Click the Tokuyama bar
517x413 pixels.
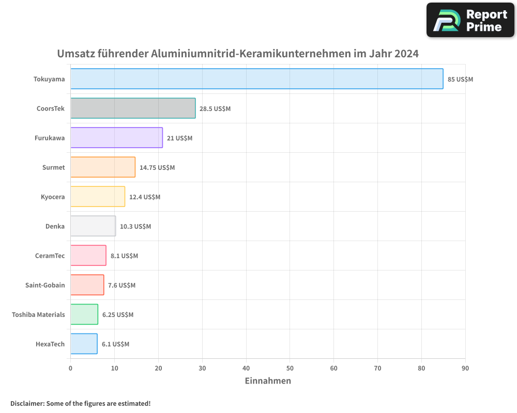(x=256, y=79)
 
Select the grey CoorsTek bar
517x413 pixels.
(x=133, y=108)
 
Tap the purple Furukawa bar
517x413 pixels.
(x=116, y=138)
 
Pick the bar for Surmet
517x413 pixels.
(x=103, y=167)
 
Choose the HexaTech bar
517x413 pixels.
(x=84, y=344)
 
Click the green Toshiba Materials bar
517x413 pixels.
(x=84, y=314)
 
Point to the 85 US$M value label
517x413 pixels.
(x=460, y=80)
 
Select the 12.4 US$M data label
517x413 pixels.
(x=145, y=197)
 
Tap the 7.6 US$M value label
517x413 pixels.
(x=121, y=285)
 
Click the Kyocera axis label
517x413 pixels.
(x=53, y=197)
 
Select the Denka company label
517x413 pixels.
(x=55, y=226)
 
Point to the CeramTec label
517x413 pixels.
(x=50, y=256)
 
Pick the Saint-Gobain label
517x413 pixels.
(x=45, y=285)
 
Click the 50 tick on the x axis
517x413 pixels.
(x=290, y=368)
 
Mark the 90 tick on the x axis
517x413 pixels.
(x=465, y=368)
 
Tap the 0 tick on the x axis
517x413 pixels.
(x=70, y=368)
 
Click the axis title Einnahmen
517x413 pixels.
(x=267, y=381)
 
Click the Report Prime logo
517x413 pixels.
(x=470, y=20)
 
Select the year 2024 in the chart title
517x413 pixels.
(x=406, y=54)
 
